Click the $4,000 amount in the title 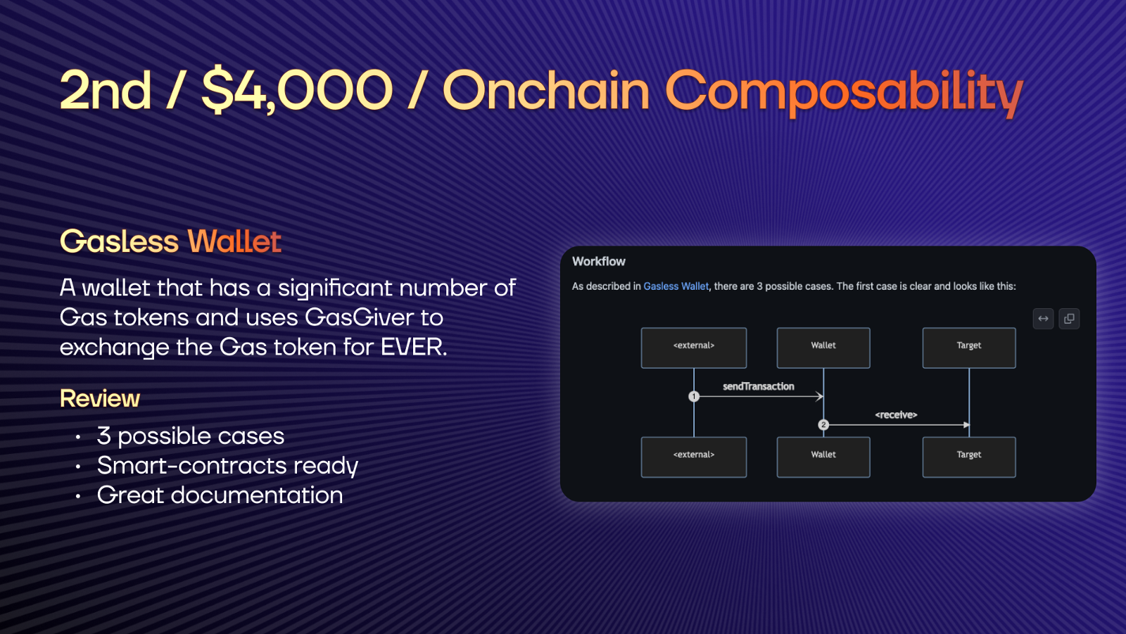click(x=296, y=91)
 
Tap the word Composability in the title click(x=844, y=93)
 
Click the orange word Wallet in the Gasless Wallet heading click(x=234, y=241)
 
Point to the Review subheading click(x=99, y=398)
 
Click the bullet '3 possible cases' click(x=191, y=436)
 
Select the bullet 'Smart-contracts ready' click(x=227, y=466)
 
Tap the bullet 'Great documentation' click(x=220, y=495)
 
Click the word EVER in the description click(x=414, y=347)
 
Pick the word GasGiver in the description click(x=360, y=317)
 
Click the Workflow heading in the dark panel click(x=599, y=262)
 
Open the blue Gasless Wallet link click(x=676, y=286)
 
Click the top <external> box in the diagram click(x=694, y=348)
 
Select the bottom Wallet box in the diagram click(x=823, y=457)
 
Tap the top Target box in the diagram click(x=969, y=348)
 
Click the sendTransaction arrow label click(x=759, y=386)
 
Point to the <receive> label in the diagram click(x=897, y=414)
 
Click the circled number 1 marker click(x=694, y=397)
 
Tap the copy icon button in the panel click(x=1069, y=319)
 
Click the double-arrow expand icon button click(x=1044, y=319)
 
